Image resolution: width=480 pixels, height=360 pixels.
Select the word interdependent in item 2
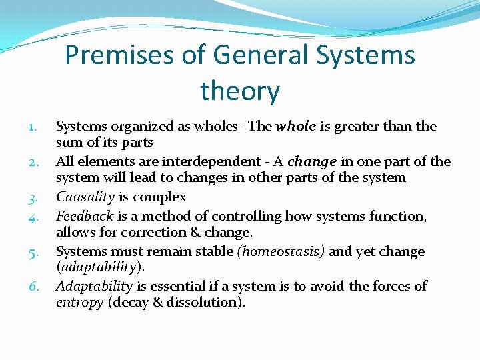pyautogui.click(x=213, y=161)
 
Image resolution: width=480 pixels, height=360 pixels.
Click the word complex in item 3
pyautogui.click(x=161, y=197)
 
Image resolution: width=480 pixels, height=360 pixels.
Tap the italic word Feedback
pyautogui.click(x=85, y=215)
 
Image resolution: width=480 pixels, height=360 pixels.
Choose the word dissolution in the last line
pyautogui.click(x=207, y=303)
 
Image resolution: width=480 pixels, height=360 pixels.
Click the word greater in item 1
pyautogui.click(x=358, y=126)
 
